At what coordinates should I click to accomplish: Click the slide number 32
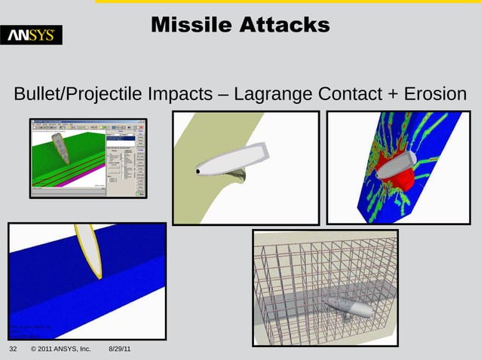point(13,350)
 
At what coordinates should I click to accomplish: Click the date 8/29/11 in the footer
point(120,350)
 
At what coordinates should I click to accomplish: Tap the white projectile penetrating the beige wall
point(230,160)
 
